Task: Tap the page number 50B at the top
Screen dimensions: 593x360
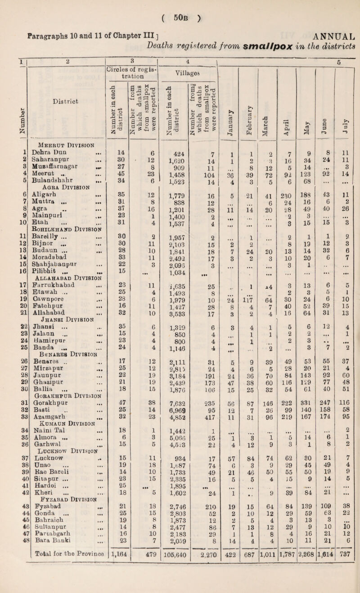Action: [180, 8]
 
